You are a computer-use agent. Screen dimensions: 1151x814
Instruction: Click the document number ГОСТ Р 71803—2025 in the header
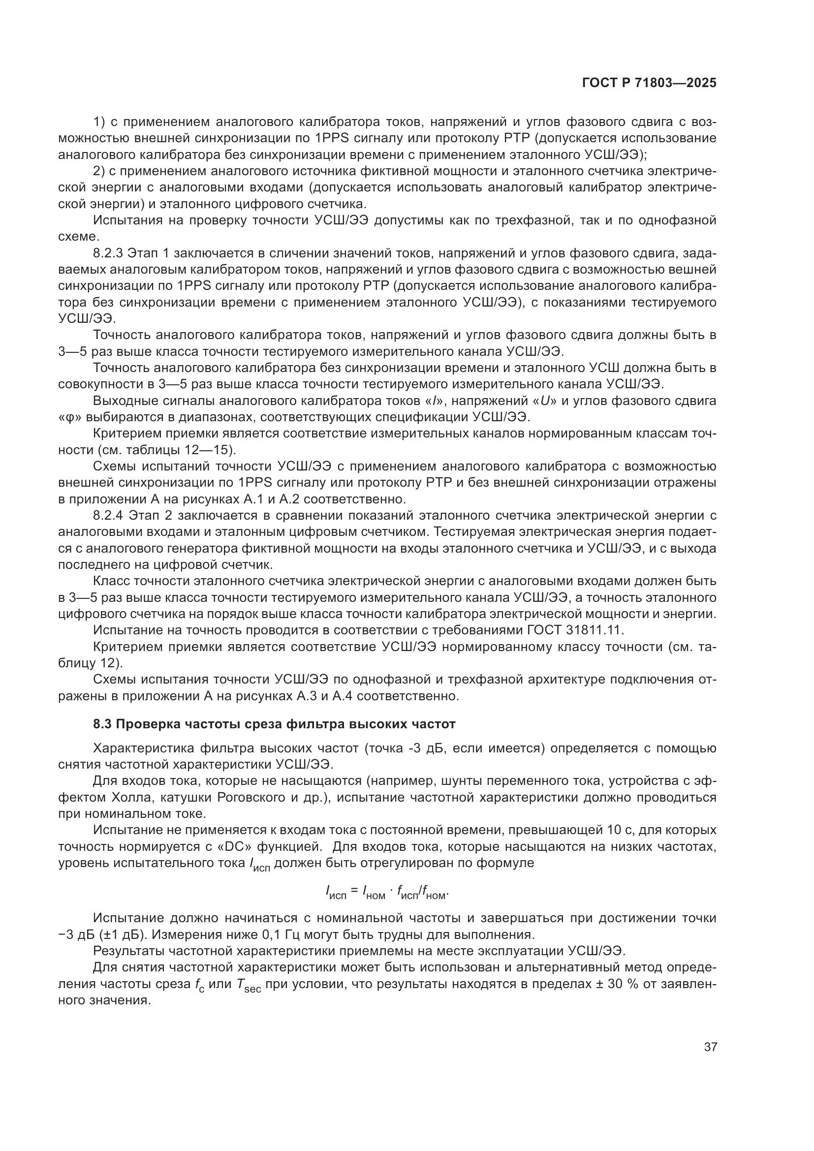649,83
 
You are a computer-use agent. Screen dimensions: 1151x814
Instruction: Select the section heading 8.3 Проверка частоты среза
274,724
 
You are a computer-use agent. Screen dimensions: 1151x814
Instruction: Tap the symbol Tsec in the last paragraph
248,985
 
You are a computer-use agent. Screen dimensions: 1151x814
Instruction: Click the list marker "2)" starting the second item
99,171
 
